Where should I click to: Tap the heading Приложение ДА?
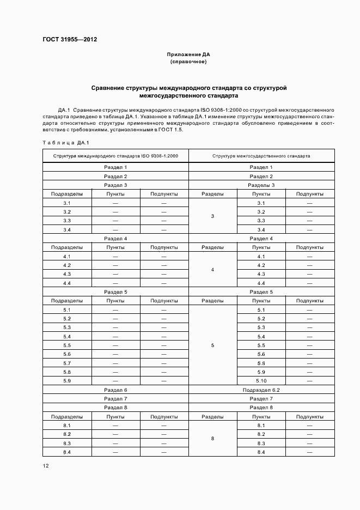click(188, 55)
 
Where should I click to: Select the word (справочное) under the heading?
click(188, 62)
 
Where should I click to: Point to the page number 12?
click(46, 466)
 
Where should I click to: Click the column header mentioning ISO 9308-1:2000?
click(115, 156)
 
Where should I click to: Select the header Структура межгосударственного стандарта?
click(261, 156)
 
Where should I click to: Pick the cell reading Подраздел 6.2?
click(261, 390)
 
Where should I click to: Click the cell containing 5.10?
click(261, 381)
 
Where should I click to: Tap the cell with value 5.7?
click(67, 363)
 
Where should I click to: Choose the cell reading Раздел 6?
click(115, 390)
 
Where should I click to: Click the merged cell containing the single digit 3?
click(212, 216)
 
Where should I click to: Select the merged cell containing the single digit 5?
click(212, 345)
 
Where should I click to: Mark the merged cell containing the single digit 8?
click(212, 439)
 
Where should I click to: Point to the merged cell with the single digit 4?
click(212, 270)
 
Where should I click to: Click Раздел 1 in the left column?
click(115, 167)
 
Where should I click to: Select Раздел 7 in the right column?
click(261, 399)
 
